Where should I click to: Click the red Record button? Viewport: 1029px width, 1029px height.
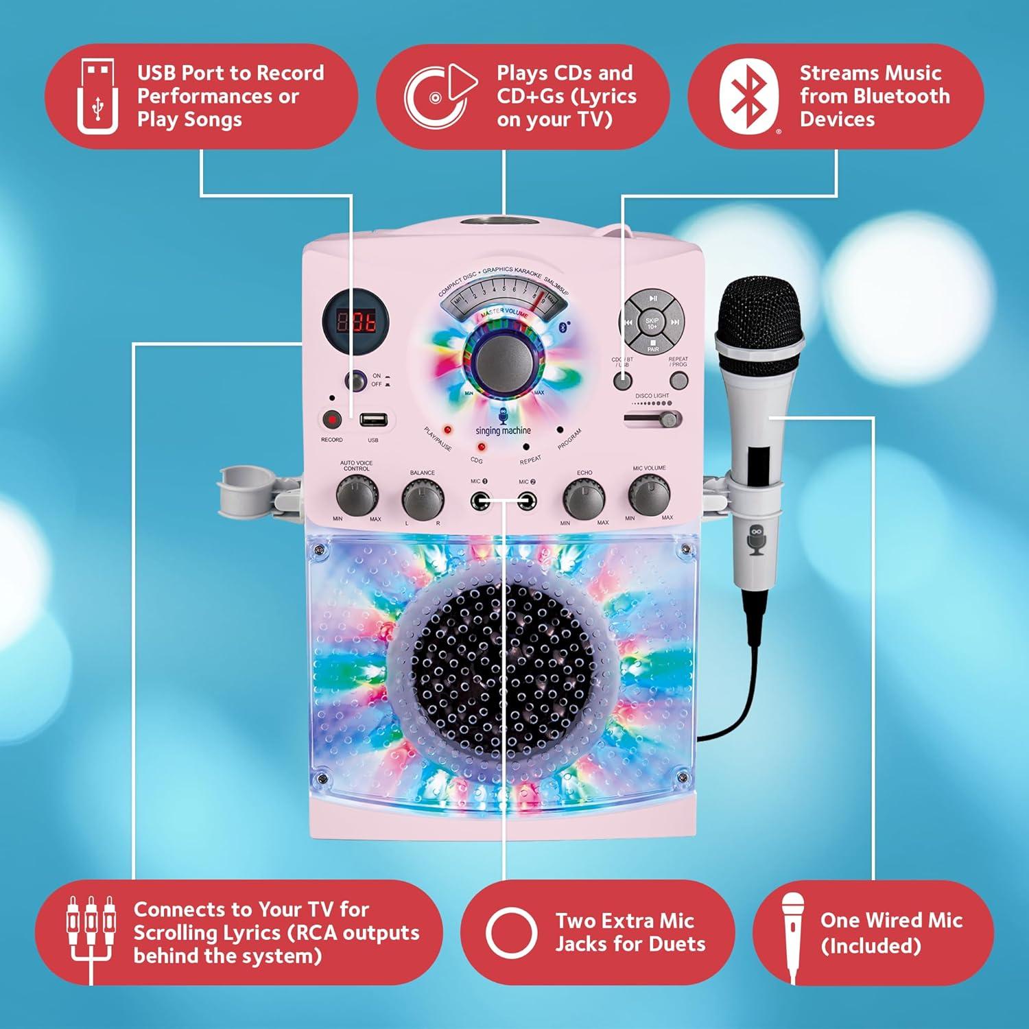pyautogui.click(x=332, y=419)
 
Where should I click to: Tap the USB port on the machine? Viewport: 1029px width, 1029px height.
pyautogui.click(x=373, y=419)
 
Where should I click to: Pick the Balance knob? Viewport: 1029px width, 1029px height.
pyautogui.click(x=423, y=499)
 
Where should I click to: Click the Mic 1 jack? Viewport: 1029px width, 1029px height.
pyautogui.click(x=480, y=501)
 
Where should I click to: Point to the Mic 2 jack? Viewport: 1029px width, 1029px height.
pyautogui.click(x=526, y=501)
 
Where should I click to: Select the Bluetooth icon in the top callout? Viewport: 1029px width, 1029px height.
pyautogui.click(x=748, y=97)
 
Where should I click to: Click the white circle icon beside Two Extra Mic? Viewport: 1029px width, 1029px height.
pyautogui.click(x=511, y=932)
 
